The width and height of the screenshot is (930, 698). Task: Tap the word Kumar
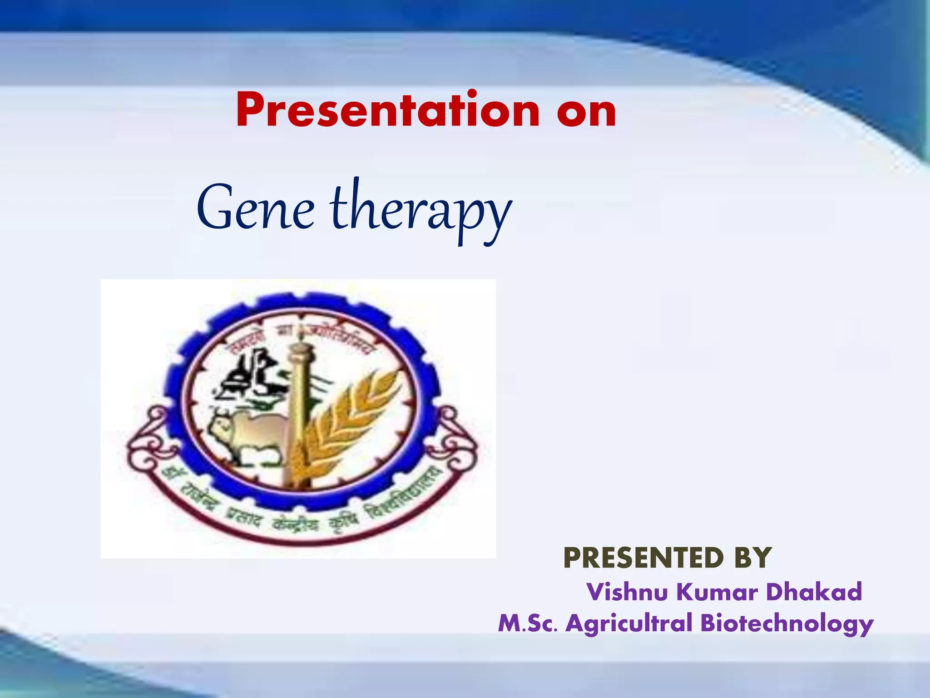click(717, 592)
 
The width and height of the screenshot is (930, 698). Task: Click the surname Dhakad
click(814, 592)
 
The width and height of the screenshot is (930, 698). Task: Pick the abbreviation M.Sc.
click(527, 623)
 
